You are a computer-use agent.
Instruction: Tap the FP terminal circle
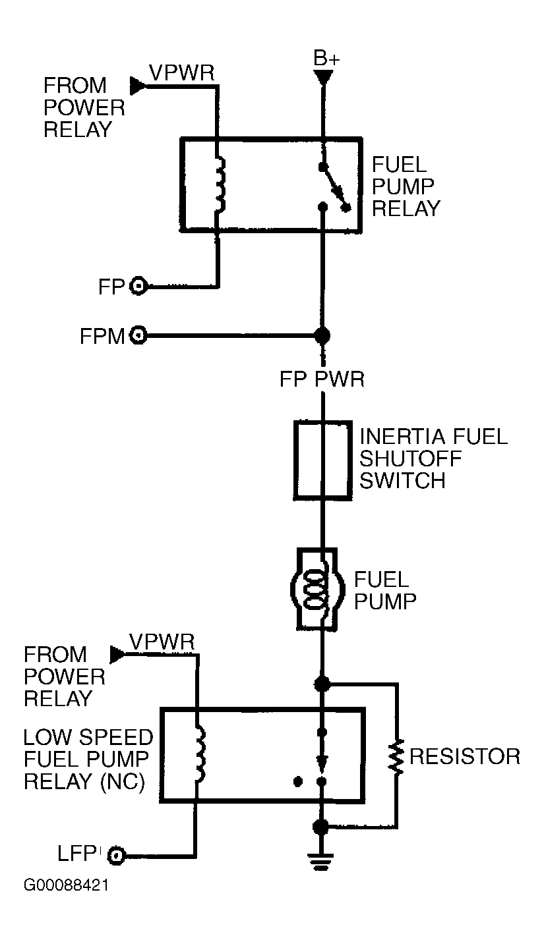(x=139, y=286)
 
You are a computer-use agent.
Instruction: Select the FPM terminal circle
(x=138, y=335)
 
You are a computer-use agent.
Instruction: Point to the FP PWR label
(x=322, y=379)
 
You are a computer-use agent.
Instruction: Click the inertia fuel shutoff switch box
(x=321, y=459)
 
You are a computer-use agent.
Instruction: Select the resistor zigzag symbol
(x=396, y=757)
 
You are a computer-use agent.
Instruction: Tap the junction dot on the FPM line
(x=322, y=335)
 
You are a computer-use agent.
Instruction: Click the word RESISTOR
(x=464, y=756)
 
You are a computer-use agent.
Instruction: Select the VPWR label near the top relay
(x=181, y=72)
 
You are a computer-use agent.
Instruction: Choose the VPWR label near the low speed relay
(x=162, y=642)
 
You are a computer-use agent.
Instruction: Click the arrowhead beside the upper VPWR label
(x=137, y=85)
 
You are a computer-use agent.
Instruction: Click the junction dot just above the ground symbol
(x=321, y=826)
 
